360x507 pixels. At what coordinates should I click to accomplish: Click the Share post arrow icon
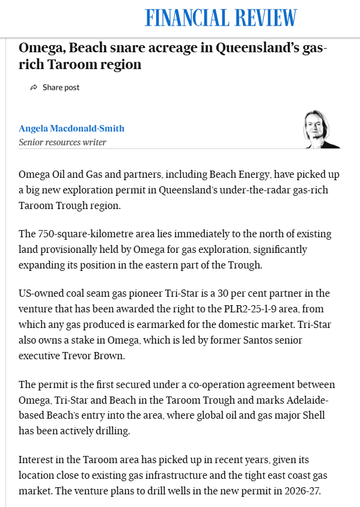tap(34, 88)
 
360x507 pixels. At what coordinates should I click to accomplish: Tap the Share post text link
tap(61, 88)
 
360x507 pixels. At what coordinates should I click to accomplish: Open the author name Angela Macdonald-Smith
tap(72, 129)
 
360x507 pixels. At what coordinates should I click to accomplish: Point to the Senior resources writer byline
tap(63, 142)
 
